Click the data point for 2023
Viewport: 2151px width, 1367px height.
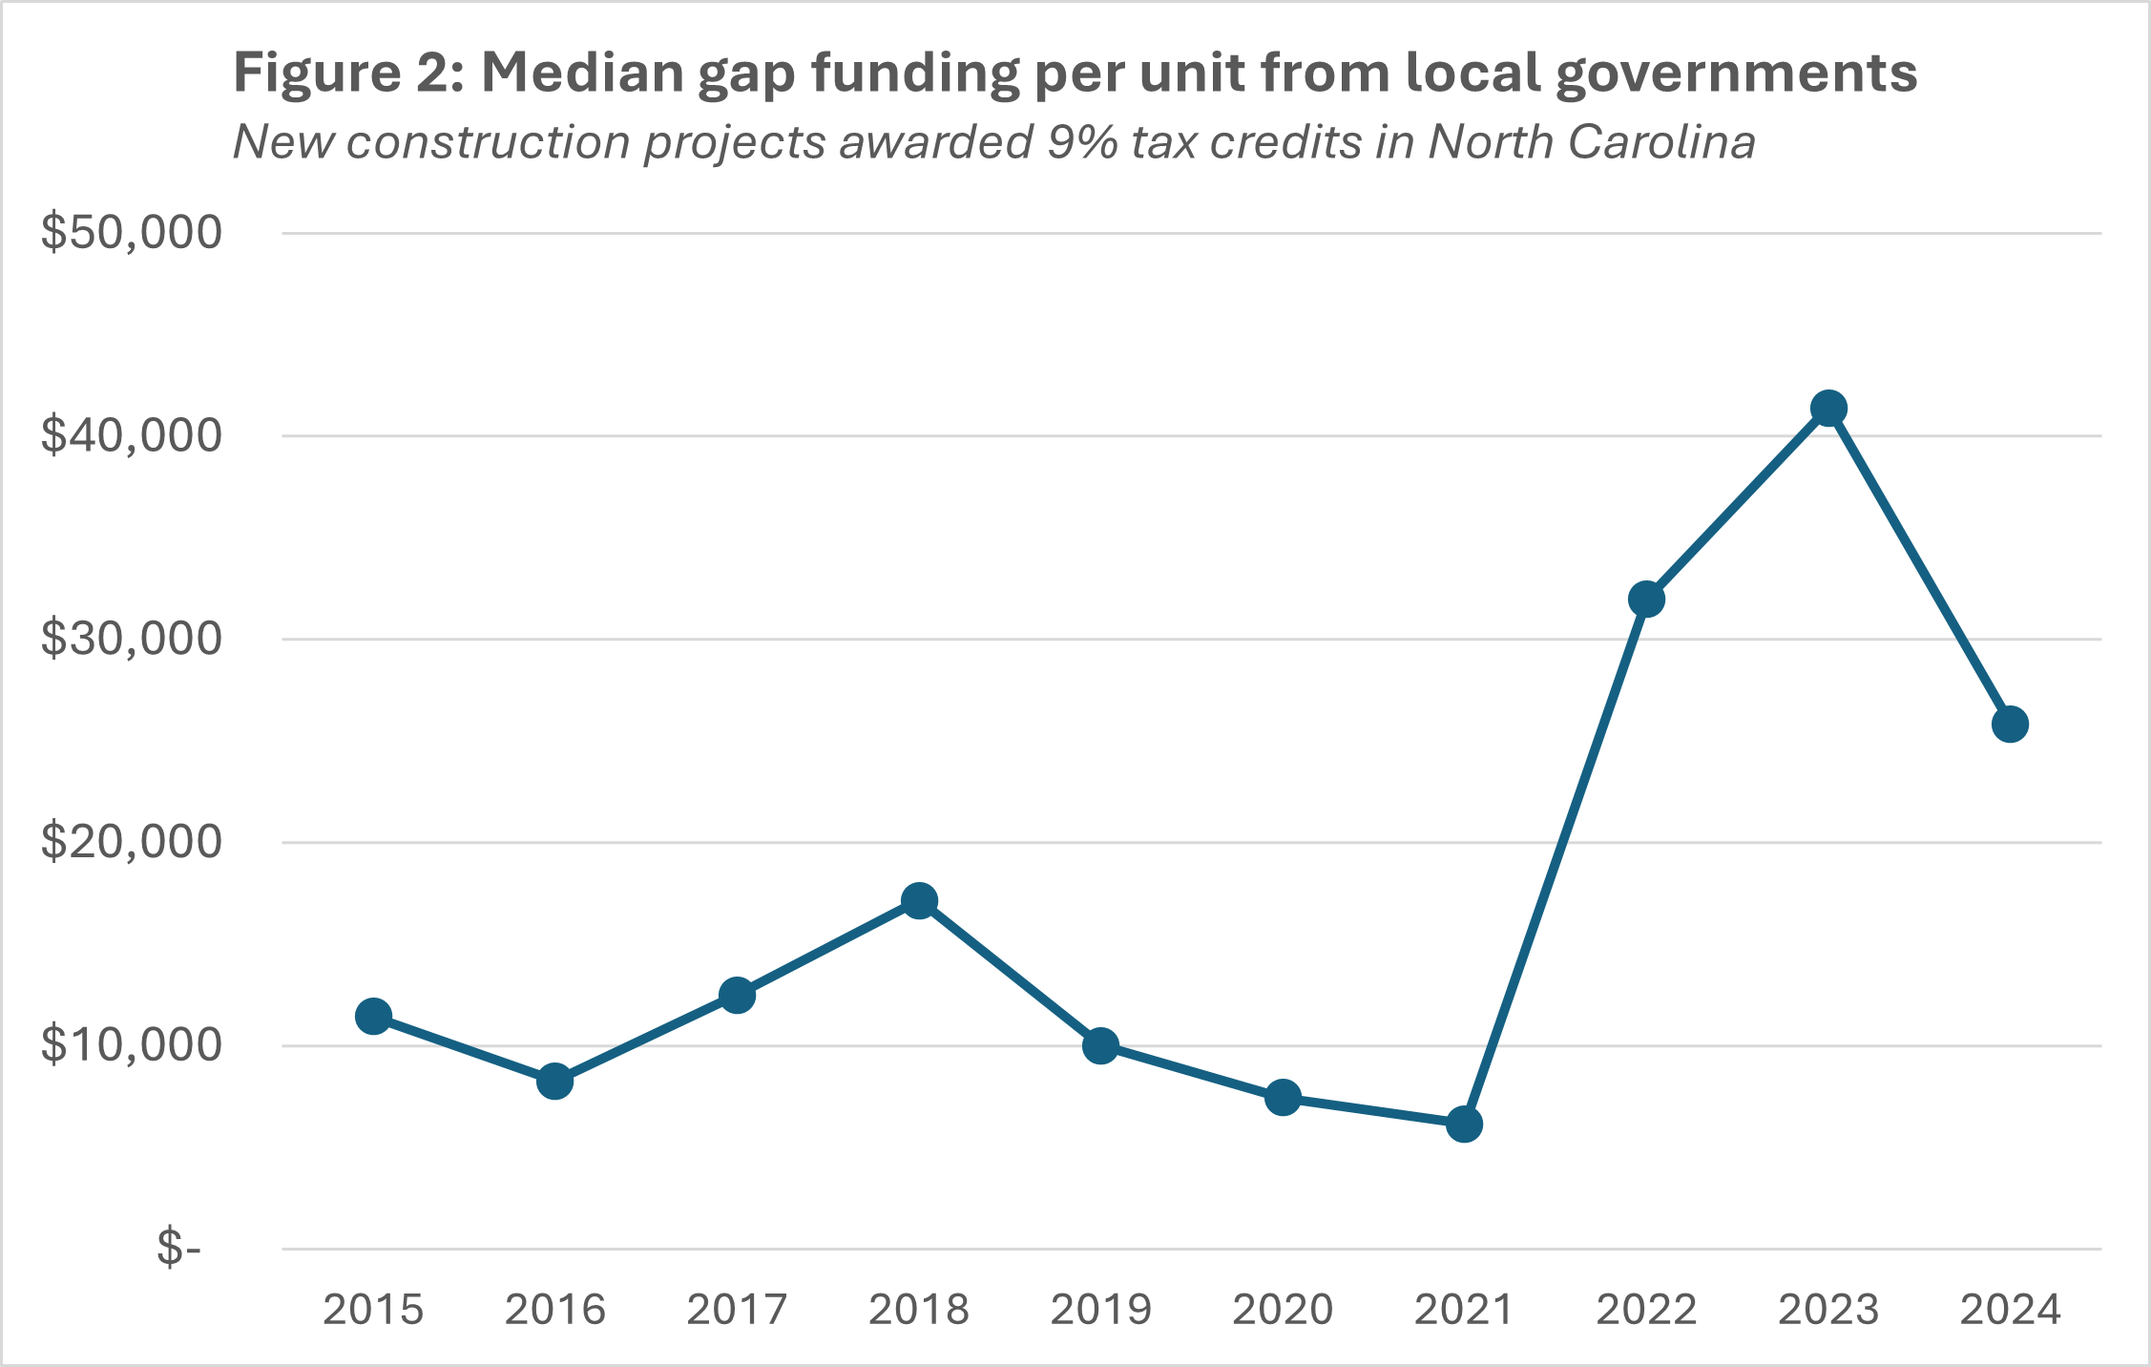point(1828,409)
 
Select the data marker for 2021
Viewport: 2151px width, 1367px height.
point(1464,1125)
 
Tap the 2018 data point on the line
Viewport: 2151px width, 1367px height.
point(919,900)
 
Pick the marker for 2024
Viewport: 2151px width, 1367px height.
point(2010,725)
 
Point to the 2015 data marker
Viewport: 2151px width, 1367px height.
point(373,1017)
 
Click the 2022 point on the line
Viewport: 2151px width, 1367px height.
point(1646,599)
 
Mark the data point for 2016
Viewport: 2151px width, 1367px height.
point(554,1082)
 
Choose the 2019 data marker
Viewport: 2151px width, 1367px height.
point(1100,1046)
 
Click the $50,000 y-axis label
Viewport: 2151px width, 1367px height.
point(131,232)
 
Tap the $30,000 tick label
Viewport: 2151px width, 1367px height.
point(131,639)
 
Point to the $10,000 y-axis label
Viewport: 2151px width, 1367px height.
point(131,1045)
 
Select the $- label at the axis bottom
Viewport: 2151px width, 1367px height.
point(179,1249)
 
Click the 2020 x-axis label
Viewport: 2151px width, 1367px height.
point(1283,1310)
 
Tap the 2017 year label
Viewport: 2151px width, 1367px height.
point(737,1310)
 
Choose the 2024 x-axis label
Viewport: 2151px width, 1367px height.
point(2010,1310)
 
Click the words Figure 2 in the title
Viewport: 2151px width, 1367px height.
point(348,73)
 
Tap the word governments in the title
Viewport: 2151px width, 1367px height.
point(1736,73)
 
